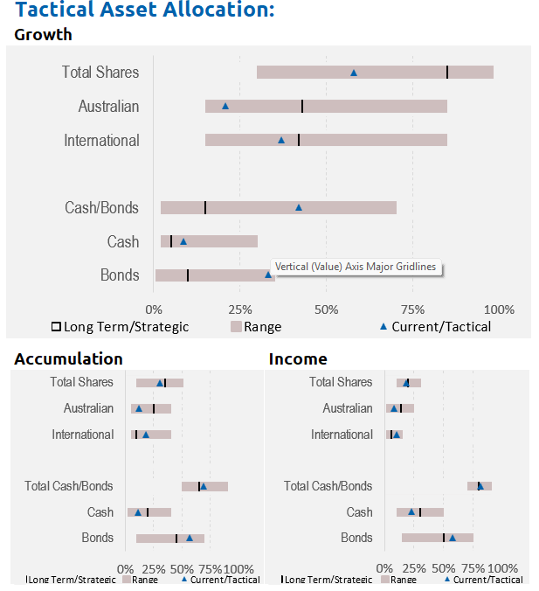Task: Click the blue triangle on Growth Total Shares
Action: (354, 73)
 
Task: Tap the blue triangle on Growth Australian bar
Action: (225, 106)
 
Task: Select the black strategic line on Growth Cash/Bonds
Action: (205, 207)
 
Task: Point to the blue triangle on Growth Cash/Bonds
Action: (299, 207)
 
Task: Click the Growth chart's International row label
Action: (101, 140)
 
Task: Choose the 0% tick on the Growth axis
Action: (154, 309)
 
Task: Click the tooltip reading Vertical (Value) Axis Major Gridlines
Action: (356, 268)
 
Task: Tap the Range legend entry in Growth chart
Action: (256, 327)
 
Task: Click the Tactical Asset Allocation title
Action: (145, 11)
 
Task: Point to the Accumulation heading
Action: (69, 358)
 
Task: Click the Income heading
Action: (298, 358)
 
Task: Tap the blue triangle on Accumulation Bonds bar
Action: (190, 539)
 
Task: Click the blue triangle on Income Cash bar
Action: (411, 512)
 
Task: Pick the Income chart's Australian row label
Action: (348, 408)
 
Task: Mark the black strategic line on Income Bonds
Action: (444, 538)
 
